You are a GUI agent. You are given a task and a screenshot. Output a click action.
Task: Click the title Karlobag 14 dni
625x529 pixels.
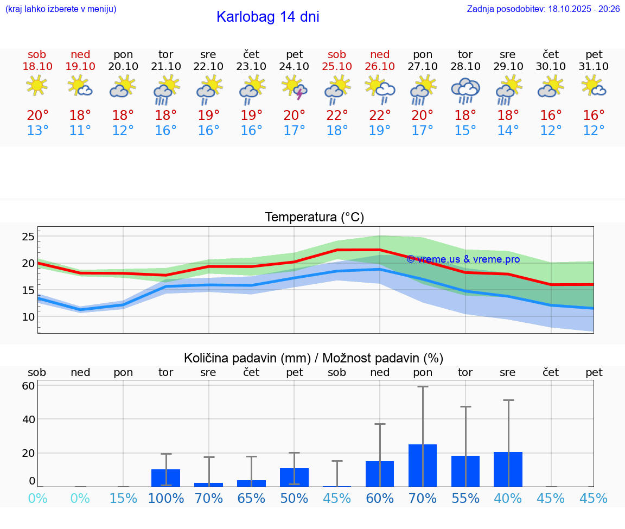point(267,17)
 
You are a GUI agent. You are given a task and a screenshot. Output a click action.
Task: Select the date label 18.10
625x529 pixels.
point(37,66)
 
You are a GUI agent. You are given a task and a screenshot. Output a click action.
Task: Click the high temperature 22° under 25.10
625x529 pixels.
point(337,116)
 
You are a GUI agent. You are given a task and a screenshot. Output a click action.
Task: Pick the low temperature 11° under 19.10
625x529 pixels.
point(80,131)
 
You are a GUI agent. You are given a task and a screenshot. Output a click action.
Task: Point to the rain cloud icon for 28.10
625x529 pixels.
point(465,90)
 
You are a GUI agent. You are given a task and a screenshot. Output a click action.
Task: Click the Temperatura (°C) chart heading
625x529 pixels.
point(314,218)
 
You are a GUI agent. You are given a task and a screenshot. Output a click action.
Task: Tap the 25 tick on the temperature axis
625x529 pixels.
point(28,237)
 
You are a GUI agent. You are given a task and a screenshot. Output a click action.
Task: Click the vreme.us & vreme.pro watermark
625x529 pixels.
point(463,259)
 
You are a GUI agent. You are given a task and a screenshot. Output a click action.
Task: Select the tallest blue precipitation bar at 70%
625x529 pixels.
point(423,466)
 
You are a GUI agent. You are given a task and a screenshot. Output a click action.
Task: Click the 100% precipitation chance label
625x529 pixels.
point(166,498)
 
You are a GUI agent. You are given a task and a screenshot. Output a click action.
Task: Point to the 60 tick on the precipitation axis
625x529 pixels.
point(28,386)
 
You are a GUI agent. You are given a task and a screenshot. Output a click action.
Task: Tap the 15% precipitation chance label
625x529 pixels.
point(123,498)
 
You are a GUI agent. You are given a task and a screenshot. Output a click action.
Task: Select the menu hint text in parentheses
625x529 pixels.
point(61,9)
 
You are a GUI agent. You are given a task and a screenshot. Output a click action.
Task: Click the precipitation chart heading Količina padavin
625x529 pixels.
point(314,358)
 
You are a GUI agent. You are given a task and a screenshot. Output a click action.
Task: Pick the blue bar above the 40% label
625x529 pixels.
point(508,469)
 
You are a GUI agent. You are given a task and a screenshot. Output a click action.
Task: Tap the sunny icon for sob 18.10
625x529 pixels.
point(37,86)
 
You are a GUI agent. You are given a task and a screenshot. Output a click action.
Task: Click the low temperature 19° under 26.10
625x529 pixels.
point(380,131)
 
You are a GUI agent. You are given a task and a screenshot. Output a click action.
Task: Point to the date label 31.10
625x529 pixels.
point(594,66)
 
